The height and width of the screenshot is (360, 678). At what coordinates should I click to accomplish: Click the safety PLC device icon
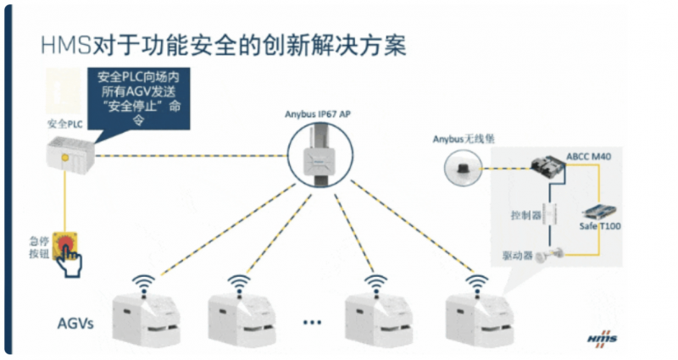[70, 155]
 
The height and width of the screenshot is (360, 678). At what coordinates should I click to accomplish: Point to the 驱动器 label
[516, 256]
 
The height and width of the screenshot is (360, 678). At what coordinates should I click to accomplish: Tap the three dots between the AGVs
[312, 322]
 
